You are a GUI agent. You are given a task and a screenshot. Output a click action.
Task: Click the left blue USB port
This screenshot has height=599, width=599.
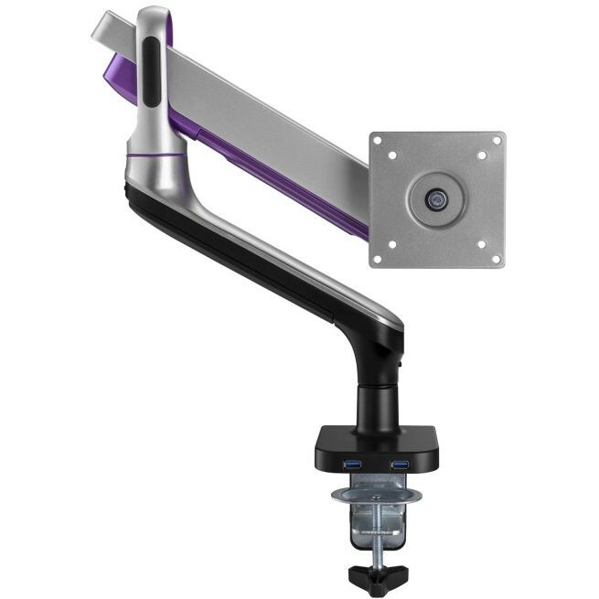click(353, 465)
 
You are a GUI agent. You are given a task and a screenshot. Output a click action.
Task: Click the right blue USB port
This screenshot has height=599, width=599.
click(399, 465)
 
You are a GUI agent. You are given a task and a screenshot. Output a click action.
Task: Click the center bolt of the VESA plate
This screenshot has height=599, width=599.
click(438, 198)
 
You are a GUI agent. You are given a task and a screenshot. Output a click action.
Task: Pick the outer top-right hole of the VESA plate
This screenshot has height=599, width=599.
click(497, 141)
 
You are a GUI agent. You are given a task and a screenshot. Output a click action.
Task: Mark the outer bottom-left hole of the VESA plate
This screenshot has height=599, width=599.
click(379, 258)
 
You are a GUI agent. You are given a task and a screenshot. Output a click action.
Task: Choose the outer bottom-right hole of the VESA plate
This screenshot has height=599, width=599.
click(497, 258)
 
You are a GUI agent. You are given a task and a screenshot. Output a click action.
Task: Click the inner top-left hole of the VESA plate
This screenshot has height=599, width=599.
click(392, 155)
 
